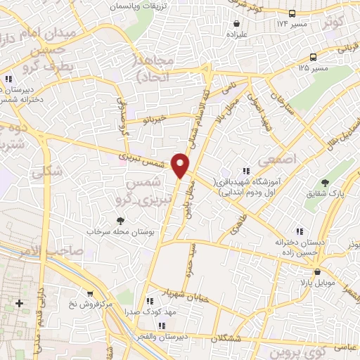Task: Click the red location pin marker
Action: click(181, 165)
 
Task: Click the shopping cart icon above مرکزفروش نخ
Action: click(89, 294)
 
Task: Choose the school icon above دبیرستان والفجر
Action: click(162, 325)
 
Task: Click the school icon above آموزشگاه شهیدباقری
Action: click(246, 170)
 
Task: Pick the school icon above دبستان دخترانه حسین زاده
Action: click(300, 231)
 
